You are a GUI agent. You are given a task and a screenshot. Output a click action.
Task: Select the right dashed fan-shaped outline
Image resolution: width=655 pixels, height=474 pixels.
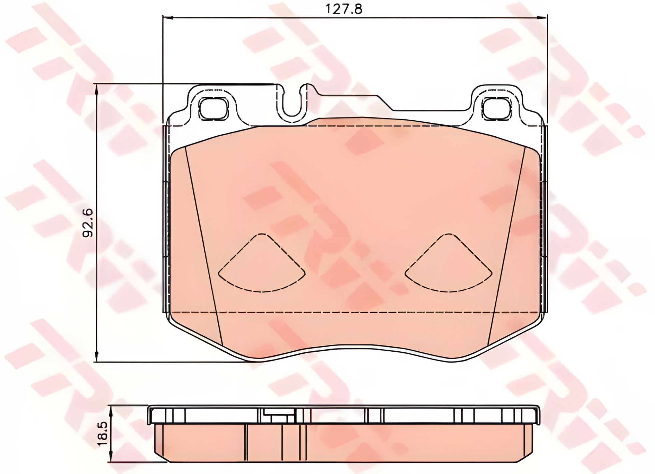pos(448,263)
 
